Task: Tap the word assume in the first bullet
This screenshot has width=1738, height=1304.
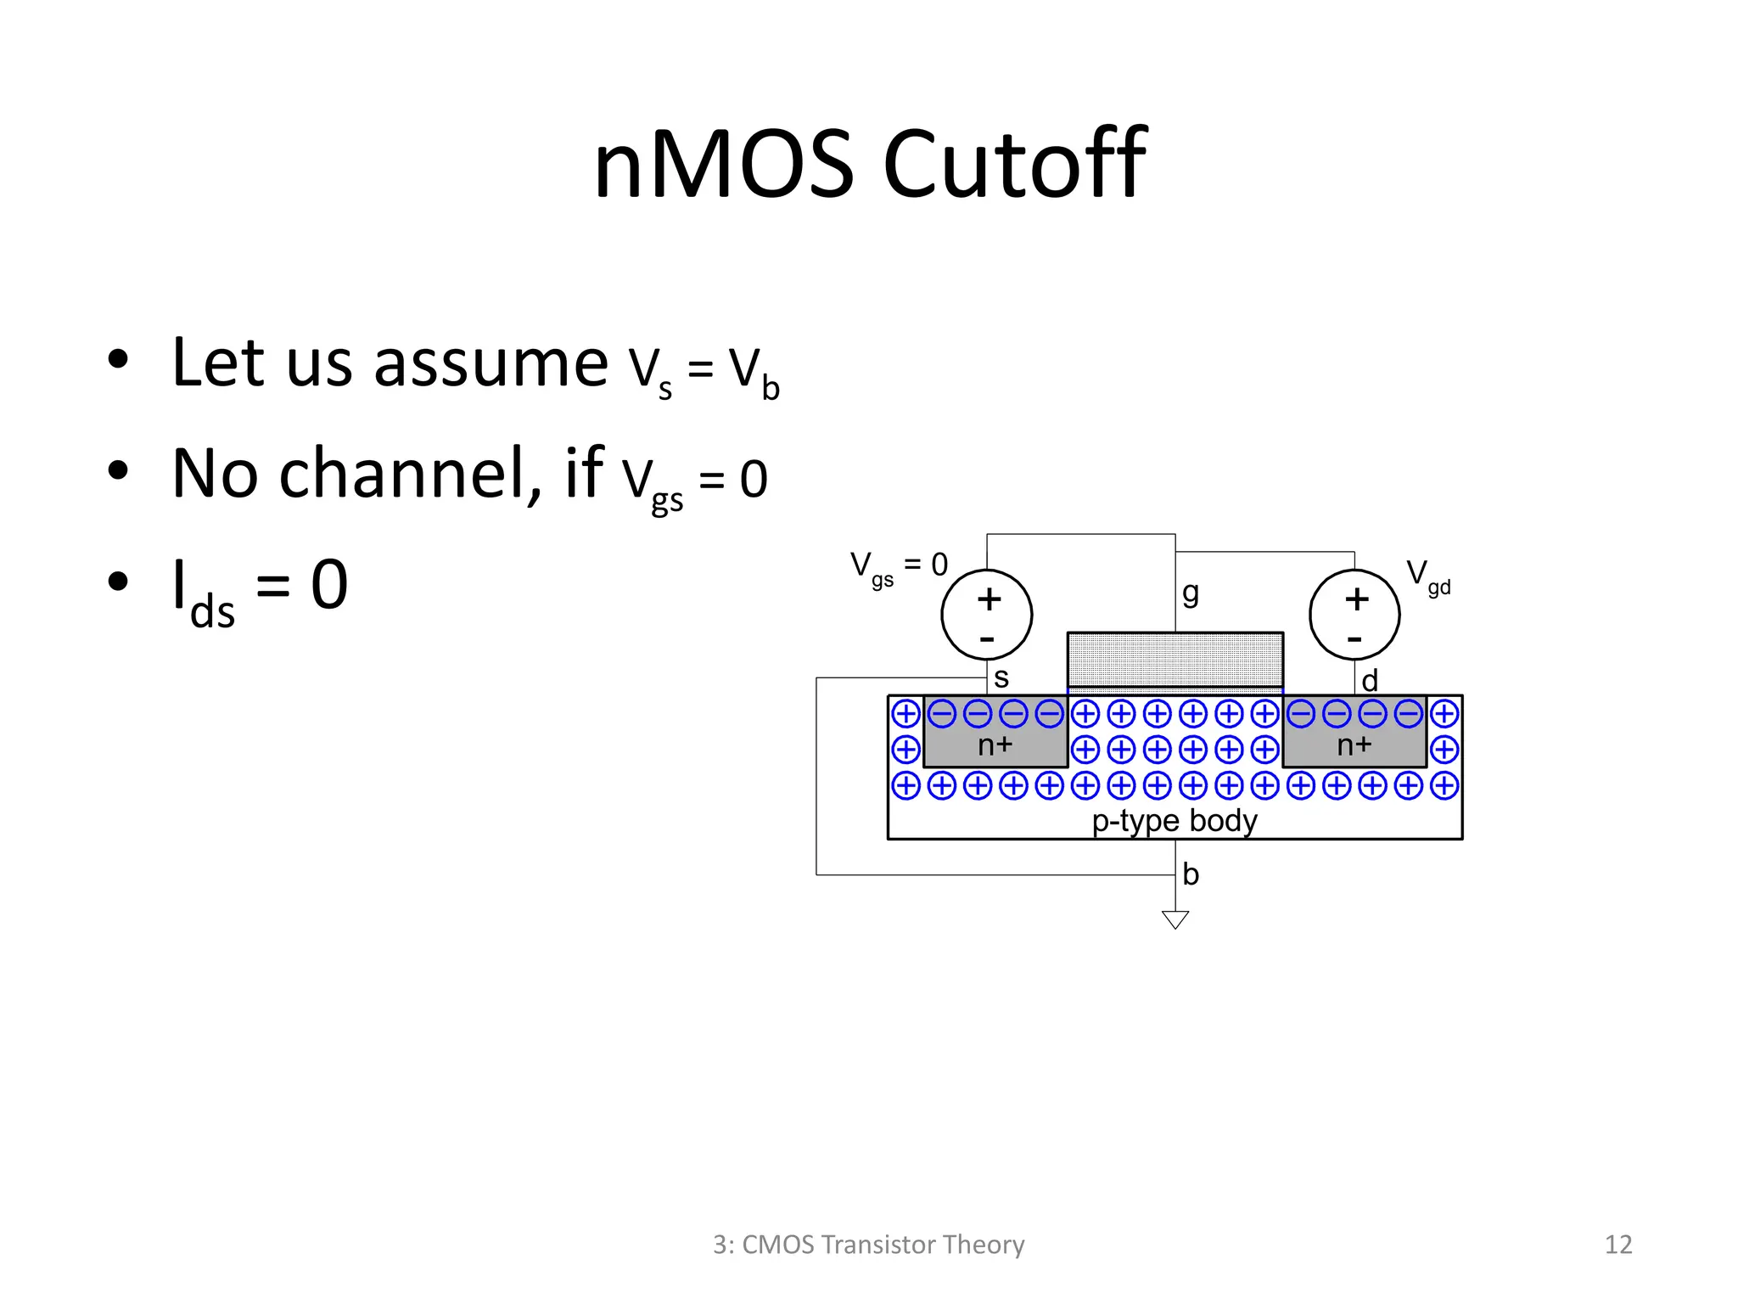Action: (x=491, y=363)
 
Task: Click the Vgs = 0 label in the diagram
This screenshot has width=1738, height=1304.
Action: (x=899, y=566)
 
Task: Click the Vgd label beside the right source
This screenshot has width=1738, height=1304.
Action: (x=1428, y=576)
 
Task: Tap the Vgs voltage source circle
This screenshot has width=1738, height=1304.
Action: (x=986, y=615)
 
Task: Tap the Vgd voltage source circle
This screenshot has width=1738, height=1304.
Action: (x=1354, y=615)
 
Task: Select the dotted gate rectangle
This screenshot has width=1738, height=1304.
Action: (x=1175, y=659)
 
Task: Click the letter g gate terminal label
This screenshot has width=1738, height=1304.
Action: (x=1191, y=593)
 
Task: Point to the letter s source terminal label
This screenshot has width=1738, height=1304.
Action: (x=1001, y=678)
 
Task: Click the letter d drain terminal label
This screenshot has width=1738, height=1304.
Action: (x=1370, y=681)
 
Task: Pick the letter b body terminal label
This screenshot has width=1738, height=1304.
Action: (x=1191, y=874)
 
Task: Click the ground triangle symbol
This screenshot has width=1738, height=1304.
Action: (x=1175, y=919)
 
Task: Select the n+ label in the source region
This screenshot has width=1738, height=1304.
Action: (x=995, y=745)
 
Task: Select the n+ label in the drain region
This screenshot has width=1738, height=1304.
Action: (x=1354, y=745)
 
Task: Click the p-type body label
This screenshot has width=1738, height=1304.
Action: (x=1175, y=821)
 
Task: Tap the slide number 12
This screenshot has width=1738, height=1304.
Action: (x=1618, y=1245)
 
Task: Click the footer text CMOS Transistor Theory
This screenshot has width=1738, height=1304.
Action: (x=883, y=1245)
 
